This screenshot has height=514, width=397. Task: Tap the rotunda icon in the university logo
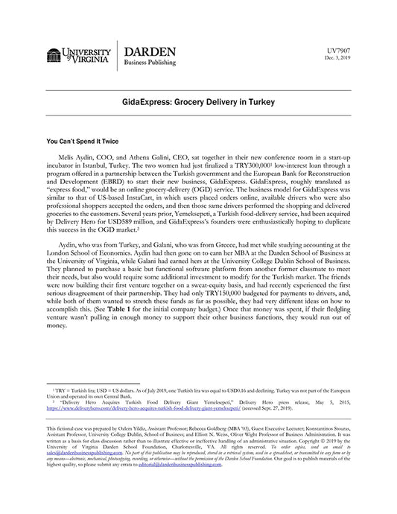(53, 55)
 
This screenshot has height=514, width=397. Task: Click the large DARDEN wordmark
(150, 51)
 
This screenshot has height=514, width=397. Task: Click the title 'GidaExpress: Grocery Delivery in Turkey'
(198, 100)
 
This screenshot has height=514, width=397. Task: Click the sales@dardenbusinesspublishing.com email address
(82, 453)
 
